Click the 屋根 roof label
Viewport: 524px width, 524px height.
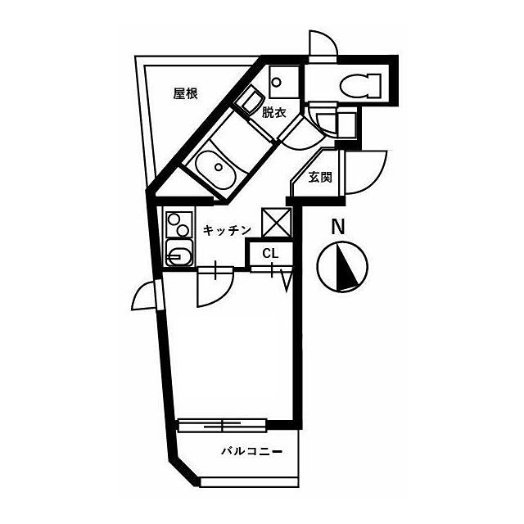[x=185, y=94]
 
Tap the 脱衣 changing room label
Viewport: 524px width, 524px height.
[x=273, y=113]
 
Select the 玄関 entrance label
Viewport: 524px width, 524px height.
[x=320, y=178]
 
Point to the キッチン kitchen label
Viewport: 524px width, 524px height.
[x=227, y=230]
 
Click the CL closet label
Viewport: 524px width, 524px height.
[x=270, y=254]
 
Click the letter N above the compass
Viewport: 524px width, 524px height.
[x=337, y=227]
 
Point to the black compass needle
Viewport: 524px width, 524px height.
[x=346, y=267]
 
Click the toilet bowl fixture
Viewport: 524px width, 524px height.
[x=360, y=85]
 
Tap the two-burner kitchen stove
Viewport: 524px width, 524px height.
[x=178, y=224]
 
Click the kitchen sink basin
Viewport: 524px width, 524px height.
[x=178, y=253]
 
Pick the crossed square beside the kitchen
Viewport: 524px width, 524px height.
[x=277, y=222]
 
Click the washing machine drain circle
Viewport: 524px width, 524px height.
[x=277, y=82]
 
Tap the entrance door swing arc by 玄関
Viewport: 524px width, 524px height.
[x=366, y=172]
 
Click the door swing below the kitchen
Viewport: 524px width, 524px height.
[x=215, y=287]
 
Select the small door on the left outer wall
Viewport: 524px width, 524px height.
[x=147, y=296]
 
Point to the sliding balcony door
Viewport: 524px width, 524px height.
[x=222, y=426]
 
